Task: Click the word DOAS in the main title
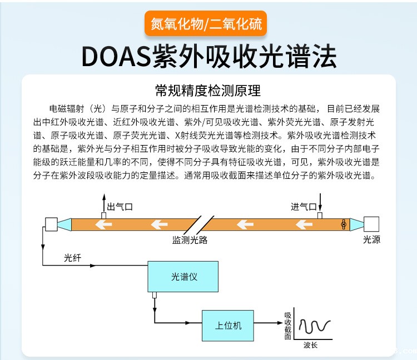[x=116, y=56]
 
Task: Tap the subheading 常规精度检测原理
[x=208, y=91]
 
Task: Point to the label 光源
[x=371, y=240]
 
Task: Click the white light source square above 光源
[x=372, y=224]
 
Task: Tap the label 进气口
[x=303, y=207]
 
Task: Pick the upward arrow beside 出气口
[x=103, y=202]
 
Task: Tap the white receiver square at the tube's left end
[x=49, y=224]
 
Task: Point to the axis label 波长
[x=310, y=346]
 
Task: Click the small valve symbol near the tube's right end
[x=344, y=224]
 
